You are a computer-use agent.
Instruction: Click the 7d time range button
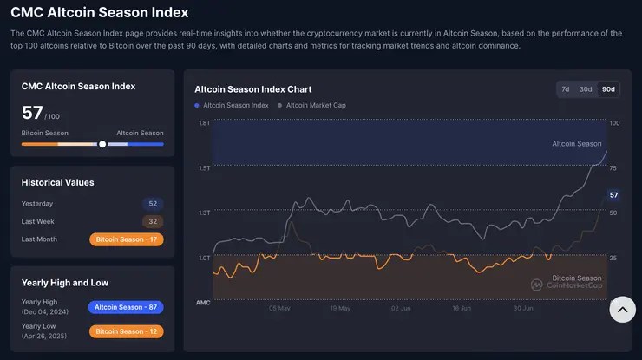(566, 89)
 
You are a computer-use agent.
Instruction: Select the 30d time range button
(586, 89)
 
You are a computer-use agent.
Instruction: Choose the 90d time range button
(608, 89)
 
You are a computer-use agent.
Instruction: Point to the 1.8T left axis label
(204, 123)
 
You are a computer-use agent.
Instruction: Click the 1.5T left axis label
(204, 167)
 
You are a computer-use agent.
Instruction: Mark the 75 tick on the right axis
(613, 167)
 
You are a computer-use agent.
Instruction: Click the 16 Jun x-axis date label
(462, 308)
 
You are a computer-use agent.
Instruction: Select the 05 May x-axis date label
(279, 308)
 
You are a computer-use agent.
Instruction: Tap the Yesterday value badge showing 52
(153, 204)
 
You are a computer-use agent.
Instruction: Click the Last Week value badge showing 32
(153, 221)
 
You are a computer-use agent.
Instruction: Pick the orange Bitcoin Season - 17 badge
(126, 239)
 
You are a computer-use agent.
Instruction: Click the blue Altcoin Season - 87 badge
(126, 307)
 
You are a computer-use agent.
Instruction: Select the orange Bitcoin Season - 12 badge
(126, 331)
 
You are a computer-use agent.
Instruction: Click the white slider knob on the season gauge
(102, 144)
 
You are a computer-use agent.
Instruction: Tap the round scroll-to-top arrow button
(622, 309)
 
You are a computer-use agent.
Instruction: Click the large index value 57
(32, 112)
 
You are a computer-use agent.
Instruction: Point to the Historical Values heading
(58, 182)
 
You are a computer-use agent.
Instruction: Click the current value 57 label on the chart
(613, 195)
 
